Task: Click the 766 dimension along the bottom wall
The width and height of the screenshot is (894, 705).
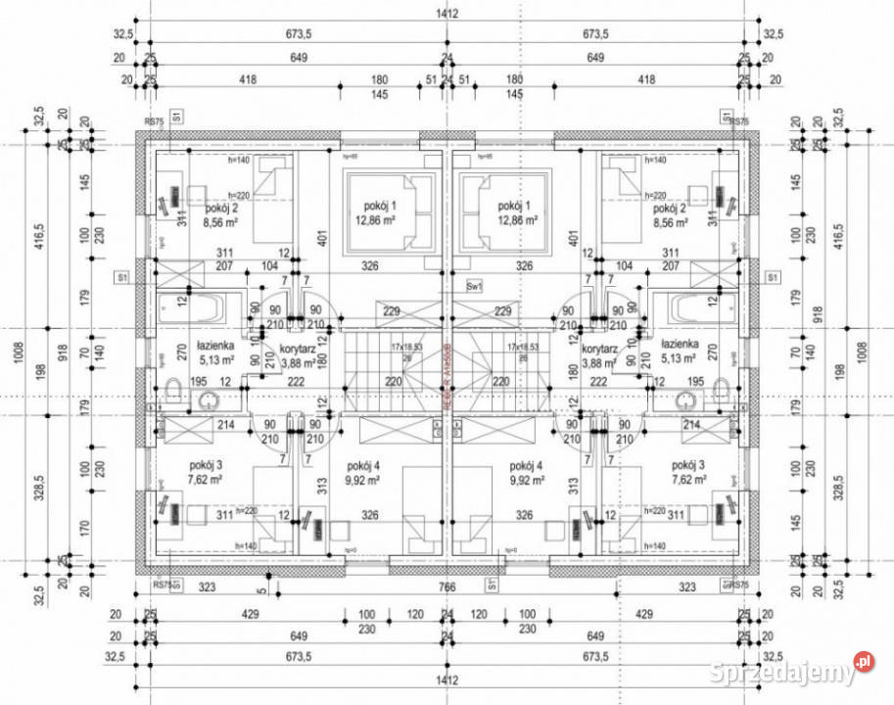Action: click(x=447, y=587)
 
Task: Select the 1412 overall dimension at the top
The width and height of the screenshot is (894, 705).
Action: click(x=447, y=14)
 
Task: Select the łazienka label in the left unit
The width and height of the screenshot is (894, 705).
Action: click(x=213, y=345)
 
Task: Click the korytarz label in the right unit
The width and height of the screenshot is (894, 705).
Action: click(x=597, y=348)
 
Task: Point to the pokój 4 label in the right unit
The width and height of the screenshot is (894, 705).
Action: click(x=526, y=466)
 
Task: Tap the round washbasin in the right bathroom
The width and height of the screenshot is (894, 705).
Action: click(x=685, y=399)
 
